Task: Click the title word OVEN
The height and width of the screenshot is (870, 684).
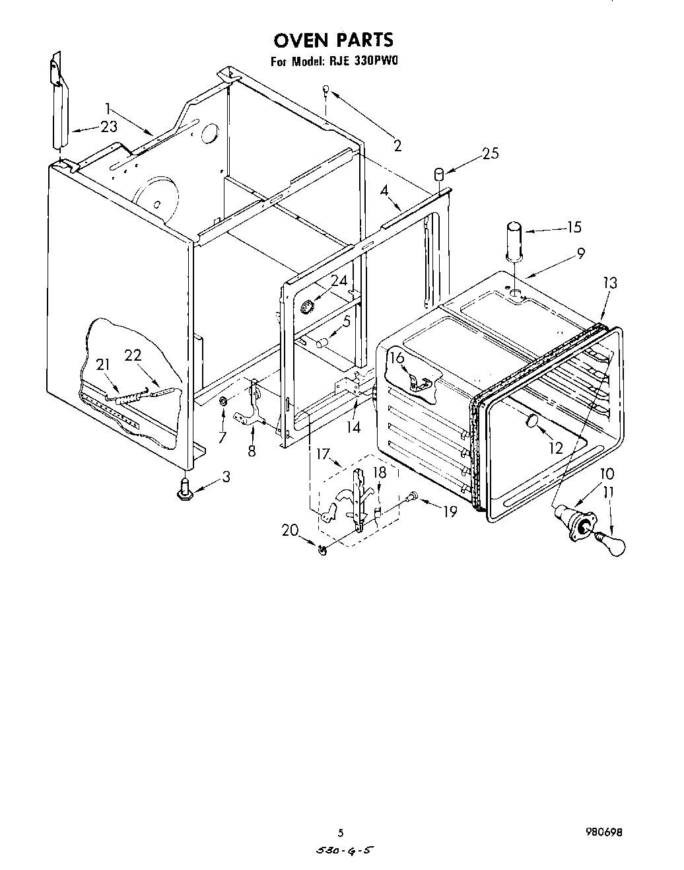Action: [x=301, y=40]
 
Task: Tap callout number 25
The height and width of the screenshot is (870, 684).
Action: [x=490, y=153]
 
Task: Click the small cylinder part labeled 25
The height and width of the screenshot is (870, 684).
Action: [x=438, y=174]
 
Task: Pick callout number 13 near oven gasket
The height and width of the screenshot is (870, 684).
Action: [x=609, y=283]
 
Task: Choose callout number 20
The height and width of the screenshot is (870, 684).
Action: [x=291, y=530]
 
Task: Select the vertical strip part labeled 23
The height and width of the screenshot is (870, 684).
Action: [x=59, y=106]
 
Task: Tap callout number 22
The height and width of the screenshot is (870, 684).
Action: [x=133, y=355]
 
